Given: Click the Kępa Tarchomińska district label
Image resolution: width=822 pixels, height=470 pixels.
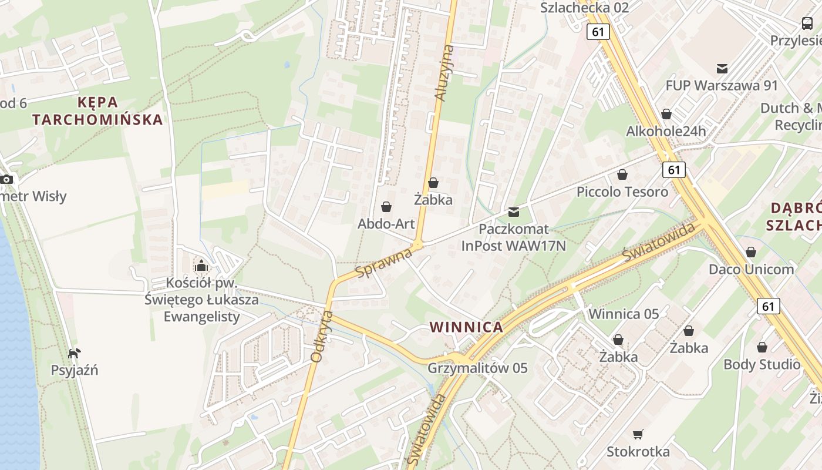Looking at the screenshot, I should tap(97, 111).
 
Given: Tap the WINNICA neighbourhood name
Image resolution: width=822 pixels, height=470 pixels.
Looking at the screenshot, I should tap(466, 327).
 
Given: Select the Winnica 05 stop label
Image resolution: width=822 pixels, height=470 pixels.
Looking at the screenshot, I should tap(624, 314).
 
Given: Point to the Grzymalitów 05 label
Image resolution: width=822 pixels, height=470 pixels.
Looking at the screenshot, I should tap(477, 368).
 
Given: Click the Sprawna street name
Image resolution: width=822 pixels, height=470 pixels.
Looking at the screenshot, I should tap(384, 263).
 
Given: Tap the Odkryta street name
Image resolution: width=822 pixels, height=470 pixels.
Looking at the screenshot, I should tap(321, 336).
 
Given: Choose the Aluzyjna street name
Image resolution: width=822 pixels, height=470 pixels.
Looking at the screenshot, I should tap(444, 73).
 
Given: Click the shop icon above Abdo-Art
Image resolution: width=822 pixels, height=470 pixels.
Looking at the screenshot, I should tap(386, 207).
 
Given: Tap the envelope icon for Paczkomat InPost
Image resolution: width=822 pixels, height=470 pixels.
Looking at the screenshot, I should tap(514, 211).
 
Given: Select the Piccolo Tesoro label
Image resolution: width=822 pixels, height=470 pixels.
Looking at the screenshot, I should tap(622, 192).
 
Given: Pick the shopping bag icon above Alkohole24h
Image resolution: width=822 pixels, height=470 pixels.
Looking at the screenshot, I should tap(666, 113).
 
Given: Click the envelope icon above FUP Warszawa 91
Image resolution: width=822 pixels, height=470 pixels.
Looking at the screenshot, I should tap(722, 69).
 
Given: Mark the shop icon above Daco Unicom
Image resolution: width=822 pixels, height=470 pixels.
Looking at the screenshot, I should tap(750, 252).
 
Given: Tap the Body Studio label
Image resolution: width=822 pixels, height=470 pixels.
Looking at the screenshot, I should tap(762, 364).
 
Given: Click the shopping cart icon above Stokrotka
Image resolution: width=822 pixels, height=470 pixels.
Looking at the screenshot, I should tap(638, 434).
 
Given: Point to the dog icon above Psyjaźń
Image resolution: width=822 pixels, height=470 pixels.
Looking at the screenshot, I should tap(74, 353).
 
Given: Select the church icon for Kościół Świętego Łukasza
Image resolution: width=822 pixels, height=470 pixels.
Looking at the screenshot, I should tap(201, 266).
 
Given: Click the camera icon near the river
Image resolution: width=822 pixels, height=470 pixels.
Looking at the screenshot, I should tap(6, 179).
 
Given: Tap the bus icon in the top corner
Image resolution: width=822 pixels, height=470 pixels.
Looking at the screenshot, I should tap(807, 23).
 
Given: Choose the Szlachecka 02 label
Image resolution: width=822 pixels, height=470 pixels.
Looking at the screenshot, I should tap(584, 8).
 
